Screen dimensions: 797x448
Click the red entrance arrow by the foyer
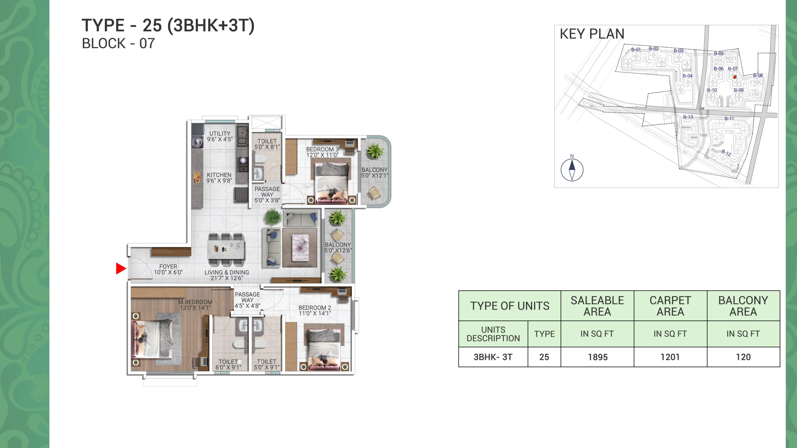pos(120,268)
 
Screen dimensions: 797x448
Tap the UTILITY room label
pos(220,133)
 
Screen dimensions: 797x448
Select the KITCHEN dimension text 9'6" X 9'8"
pos(219,180)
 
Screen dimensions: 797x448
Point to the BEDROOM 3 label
pos(322,149)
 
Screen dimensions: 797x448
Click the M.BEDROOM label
pos(195,302)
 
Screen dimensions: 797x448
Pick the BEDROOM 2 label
pos(315,307)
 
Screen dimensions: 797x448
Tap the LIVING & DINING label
pos(227,272)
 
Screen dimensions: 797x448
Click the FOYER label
pos(168,267)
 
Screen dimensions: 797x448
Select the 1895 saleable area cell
pos(598,357)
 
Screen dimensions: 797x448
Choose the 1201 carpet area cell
pos(670,357)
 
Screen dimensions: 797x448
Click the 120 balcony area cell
pos(743,357)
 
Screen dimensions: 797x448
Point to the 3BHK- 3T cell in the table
pos(493,357)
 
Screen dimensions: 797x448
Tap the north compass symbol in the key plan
pos(572,170)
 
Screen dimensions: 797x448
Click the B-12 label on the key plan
pos(726,153)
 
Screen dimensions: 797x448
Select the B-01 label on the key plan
pos(636,49)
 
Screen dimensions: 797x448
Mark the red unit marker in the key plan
pos(735,77)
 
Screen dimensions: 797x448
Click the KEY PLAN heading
pos(592,34)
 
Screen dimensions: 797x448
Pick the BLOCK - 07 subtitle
pos(118,44)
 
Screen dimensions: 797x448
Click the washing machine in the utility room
pos(197,142)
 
